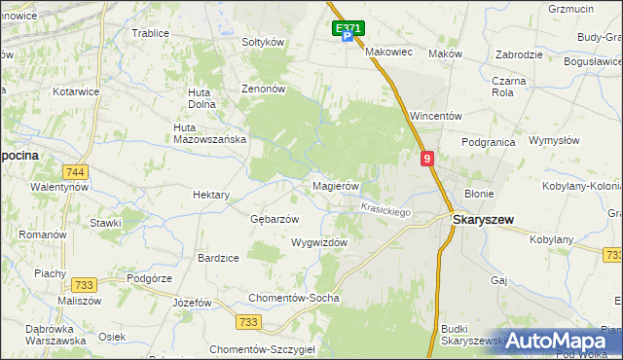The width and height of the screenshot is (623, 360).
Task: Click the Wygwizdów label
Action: [319, 242]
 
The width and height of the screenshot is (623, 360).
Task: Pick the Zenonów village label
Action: [263, 89]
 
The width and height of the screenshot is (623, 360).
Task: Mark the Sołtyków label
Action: [262, 43]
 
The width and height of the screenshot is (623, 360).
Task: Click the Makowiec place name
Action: [389, 53]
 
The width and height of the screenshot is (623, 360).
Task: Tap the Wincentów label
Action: [435, 116]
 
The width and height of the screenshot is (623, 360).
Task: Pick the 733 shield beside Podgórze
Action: [83, 285]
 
